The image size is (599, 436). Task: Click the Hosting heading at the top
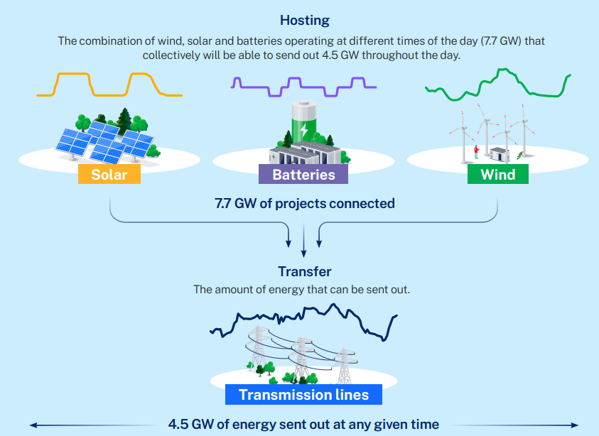coord(303,19)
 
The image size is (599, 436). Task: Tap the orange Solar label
coord(109,174)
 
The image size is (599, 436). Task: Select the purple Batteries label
coord(303,174)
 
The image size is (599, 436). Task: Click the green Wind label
coord(497,174)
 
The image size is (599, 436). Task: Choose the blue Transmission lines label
coord(303,395)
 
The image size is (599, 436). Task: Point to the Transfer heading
coord(304,271)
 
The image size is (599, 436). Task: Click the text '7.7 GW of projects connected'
coord(304,204)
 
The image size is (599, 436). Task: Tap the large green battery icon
coord(303,121)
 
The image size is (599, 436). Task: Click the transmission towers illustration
coord(302,355)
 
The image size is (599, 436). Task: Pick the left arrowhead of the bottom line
coord(33,425)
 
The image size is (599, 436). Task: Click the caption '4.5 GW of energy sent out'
coord(303,425)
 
